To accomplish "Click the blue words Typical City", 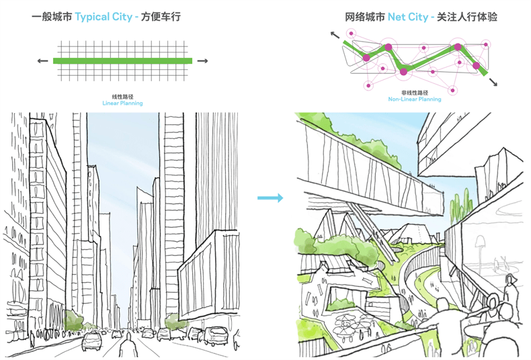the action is pyautogui.click(x=104, y=17).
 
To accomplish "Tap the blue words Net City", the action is pyautogui.click(x=408, y=17).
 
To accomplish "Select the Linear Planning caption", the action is pyautogui.click(x=122, y=103).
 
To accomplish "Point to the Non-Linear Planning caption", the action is pyautogui.click(x=415, y=99).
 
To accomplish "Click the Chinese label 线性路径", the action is pyautogui.click(x=122, y=97).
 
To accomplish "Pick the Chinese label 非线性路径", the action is pyautogui.click(x=415, y=93).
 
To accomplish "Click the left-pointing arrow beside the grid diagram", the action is pyautogui.click(x=42, y=61).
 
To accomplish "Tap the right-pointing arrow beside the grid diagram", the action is pyautogui.click(x=202, y=61).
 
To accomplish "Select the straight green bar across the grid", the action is pyautogui.click(x=122, y=61).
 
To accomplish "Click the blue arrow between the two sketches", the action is pyautogui.click(x=270, y=198).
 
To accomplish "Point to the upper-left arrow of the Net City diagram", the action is pyautogui.click(x=335, y=35).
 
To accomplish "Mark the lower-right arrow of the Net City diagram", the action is pyautogui.click(x=493, y=81).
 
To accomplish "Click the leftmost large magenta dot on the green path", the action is pyautogui.click(x=366, y=58).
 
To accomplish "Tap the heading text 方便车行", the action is pyautogui.click(x=161, y=17).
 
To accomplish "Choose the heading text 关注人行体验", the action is pyautogui.click(x=466, y=17).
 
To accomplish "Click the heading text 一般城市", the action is pyautogui.click(x=52, y=17).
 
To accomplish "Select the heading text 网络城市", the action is pyautogui.click(x=365, y=17).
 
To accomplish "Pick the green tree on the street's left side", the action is pyautogui.click(x=73, y=320).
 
